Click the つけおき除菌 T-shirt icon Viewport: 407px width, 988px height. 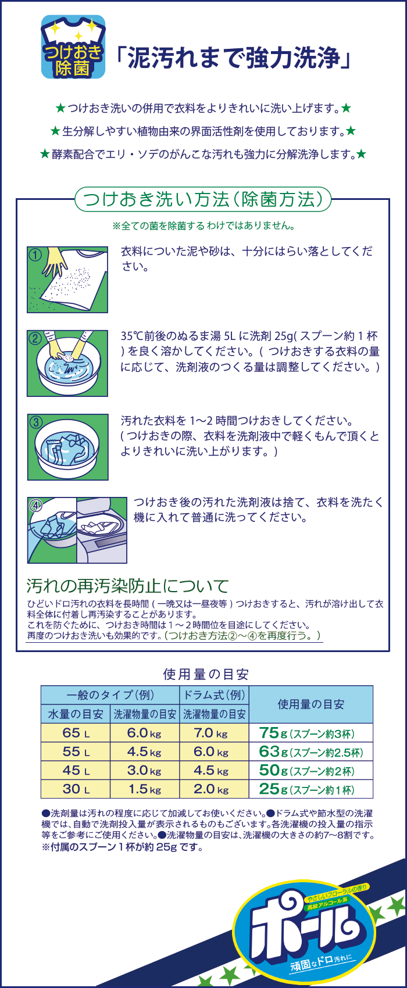[73, 46]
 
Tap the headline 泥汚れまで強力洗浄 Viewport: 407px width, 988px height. [233, 58]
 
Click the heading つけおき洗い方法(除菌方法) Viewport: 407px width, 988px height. [202, 199]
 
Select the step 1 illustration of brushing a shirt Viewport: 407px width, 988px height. [67, 280]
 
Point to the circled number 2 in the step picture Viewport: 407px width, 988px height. [35, 338]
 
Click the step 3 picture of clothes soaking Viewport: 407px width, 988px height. [67, 448]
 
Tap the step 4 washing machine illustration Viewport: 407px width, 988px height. [77, 530]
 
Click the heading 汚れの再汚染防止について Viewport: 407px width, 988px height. [127, 586]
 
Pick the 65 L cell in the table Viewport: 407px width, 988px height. [76, 733]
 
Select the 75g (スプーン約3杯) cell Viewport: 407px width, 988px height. [310, 733]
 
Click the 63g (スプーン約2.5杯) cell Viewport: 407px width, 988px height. [310, 751]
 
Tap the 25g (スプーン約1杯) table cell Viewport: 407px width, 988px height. [310, 789]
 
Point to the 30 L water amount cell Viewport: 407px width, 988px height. [76, 789]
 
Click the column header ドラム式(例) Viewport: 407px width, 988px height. [214, 695]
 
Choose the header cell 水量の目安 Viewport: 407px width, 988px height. [76, 714]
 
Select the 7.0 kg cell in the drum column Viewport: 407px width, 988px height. [214, 733]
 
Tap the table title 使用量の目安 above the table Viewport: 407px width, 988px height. [206, 674]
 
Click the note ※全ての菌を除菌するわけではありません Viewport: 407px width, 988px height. [203, 226]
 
